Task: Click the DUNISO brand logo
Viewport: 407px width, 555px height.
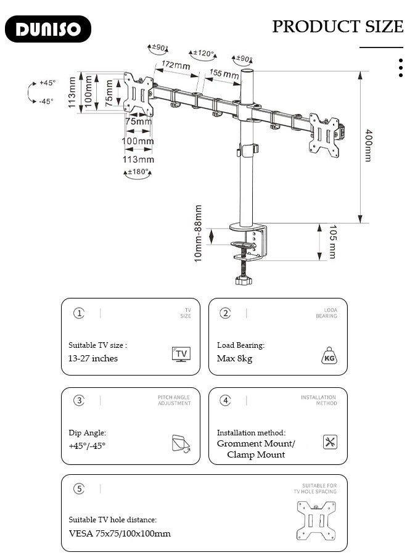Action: click(x=47, y=29)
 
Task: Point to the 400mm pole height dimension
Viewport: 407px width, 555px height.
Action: click(x=368, y=146)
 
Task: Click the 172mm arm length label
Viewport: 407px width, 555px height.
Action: click(x=176, y=65)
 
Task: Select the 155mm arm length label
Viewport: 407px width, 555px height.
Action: click(x=224, y=74)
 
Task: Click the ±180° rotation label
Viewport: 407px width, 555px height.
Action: click(x=138, y=172)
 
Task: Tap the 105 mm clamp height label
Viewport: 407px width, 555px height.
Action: click(x=332, y=242)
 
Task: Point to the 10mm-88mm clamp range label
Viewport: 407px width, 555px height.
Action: click(x=199, y=233)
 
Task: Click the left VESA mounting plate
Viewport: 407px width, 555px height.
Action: click(x=138, y=94)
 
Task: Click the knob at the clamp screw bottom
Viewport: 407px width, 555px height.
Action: click(x=244, y=281)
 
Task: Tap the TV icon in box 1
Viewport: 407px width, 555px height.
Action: click(x=181, y=354)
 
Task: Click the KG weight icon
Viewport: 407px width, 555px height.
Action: click(x=329, y=356)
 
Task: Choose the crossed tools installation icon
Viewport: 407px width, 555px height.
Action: click(x=330, y=442)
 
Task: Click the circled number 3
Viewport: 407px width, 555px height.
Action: click(x=79, y=400)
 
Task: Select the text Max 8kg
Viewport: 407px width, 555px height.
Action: click(x=234, y=358)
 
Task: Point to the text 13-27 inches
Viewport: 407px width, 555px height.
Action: click(x=92, y=358)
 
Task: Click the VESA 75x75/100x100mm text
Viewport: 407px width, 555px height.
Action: click(x=120, y=533)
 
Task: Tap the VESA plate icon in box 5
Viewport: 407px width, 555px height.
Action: click(x=316, y=520)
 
